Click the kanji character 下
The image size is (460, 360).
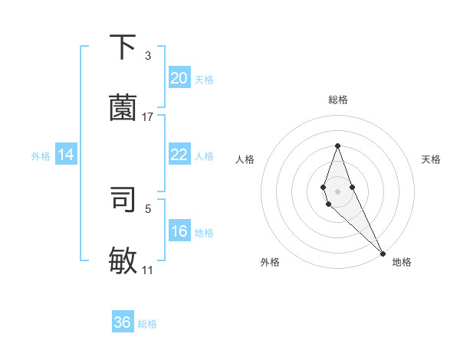[123, 47]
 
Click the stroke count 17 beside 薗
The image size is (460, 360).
[148, 117]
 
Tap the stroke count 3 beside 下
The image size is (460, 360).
[148, 56]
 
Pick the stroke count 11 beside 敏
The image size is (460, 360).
[148, 270]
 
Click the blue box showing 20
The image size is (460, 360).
[179, 78]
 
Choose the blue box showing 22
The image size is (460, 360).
[179, 155]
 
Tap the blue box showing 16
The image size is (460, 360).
[179, 231]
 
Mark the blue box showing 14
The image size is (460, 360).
[66, 155]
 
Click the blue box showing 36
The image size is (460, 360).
[123, 322]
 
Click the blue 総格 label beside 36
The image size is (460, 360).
[147, 324]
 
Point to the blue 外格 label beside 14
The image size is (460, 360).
[41, 156]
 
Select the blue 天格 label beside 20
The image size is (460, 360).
[204, 80]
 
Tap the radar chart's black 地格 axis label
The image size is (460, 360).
[402, 262]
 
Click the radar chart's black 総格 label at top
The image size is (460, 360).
[338, 100]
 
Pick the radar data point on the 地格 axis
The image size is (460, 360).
[383, 253]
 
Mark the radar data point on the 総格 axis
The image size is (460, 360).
[337, 146]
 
